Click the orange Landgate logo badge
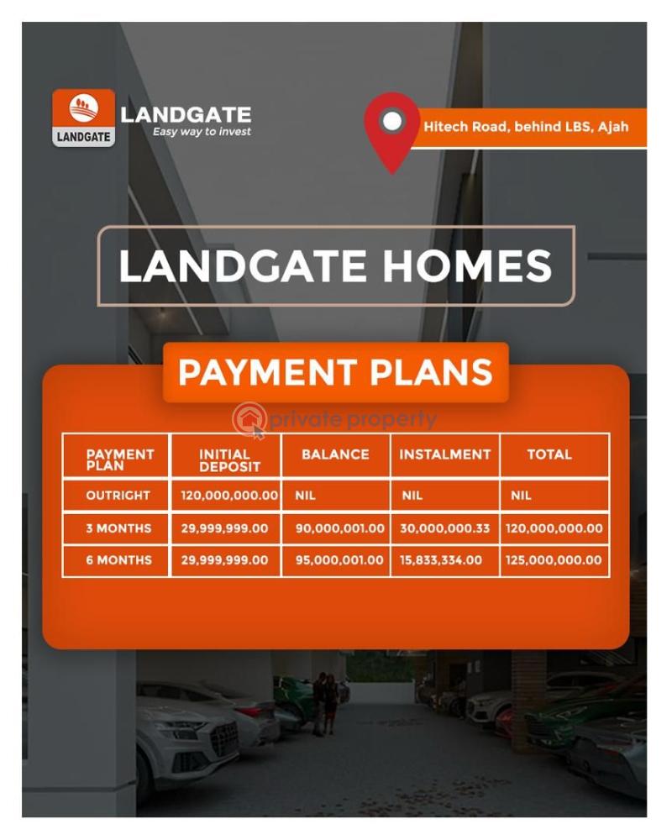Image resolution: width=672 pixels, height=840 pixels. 83,118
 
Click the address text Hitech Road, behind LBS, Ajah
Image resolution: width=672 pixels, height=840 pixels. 526,128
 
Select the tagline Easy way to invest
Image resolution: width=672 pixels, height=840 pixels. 201,132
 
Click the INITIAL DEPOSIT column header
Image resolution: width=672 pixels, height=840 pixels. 225,459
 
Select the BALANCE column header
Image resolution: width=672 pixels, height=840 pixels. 335,454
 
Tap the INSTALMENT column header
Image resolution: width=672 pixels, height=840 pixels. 444,454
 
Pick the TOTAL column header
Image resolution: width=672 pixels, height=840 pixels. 549,454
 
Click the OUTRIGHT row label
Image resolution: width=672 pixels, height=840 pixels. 118,496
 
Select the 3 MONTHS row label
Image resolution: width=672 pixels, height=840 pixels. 118,528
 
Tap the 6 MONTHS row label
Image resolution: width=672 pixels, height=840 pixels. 118,560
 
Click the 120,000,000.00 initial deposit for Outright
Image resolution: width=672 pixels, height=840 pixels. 229,496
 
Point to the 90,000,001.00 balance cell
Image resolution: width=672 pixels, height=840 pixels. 339,528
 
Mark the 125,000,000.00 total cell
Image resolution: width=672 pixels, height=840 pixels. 554,560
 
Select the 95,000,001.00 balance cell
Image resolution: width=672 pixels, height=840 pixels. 339,560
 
